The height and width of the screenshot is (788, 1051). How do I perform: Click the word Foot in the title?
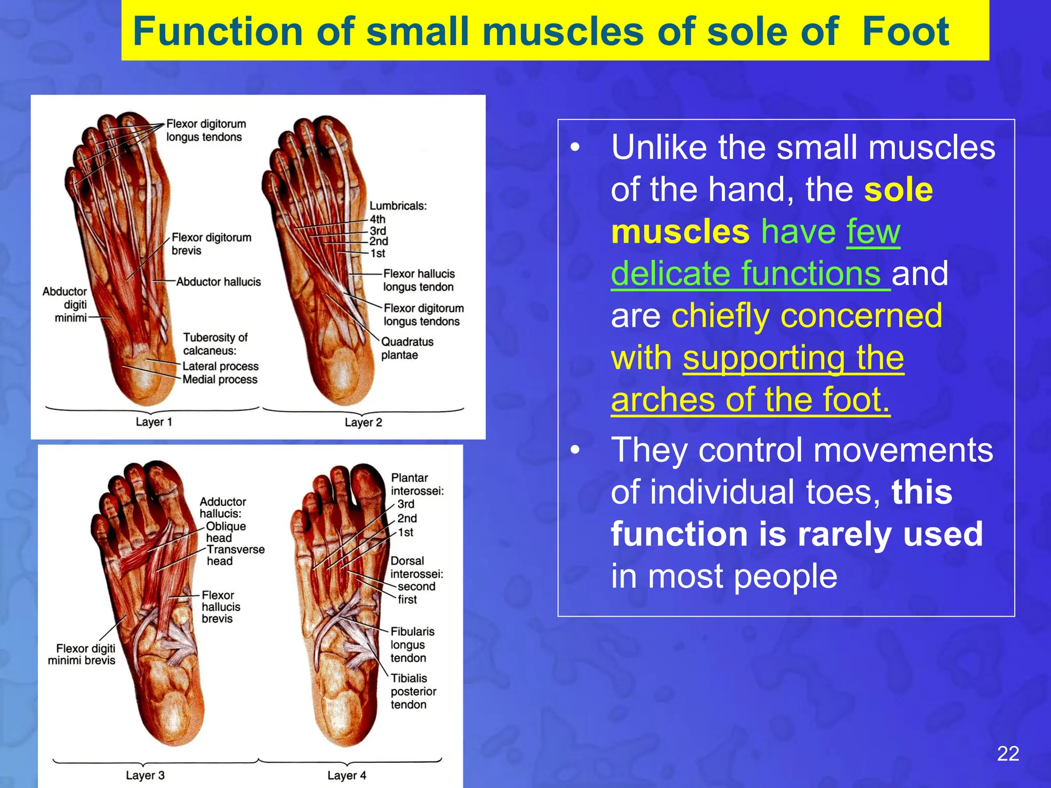click(x=905, y=31)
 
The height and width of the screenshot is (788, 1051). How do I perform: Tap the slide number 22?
click(x=1008, y=754)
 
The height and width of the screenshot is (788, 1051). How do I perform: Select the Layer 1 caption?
click(x=153, y=422)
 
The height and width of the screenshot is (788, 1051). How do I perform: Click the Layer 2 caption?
click(x=363, y=422)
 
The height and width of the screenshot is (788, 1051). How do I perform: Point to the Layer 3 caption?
click(x=145, y=775)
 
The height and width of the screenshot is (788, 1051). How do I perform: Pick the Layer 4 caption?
click(x=347, y=775)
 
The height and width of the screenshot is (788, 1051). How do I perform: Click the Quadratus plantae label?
click(x=407, y=348)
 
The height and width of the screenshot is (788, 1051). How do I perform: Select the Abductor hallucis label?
click(x=219, y=282)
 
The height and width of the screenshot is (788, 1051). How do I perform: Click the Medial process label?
click(x=220, y=380)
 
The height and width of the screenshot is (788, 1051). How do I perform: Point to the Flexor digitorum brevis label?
click(x=211, y=244)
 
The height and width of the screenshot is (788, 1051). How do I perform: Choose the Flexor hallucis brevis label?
click(x=221, y=606)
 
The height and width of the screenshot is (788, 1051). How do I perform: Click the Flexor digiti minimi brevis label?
click(x=82, y=655)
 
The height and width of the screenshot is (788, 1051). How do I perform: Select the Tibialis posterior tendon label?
click(x=413, y=691)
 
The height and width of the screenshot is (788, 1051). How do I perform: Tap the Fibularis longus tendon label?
click(x=412, y=644)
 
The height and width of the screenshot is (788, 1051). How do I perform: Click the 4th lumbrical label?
click(x=378, y=219)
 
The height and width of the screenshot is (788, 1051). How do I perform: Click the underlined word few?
click(x=873, y=231)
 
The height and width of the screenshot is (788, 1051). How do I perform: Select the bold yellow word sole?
click(x=898, y=189)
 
